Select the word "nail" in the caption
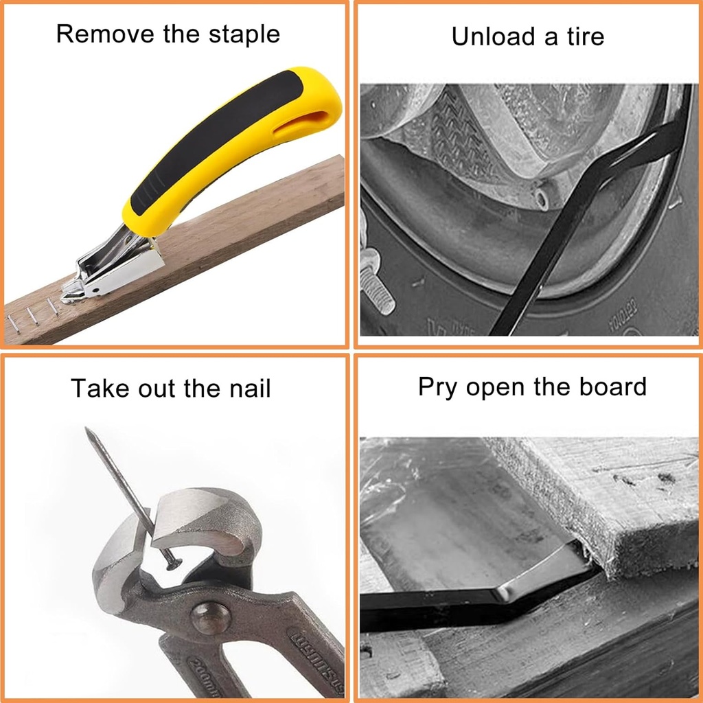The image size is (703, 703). pos(249,389)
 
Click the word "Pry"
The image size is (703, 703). pos(438,387)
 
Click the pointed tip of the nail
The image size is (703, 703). pos(88,430)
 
